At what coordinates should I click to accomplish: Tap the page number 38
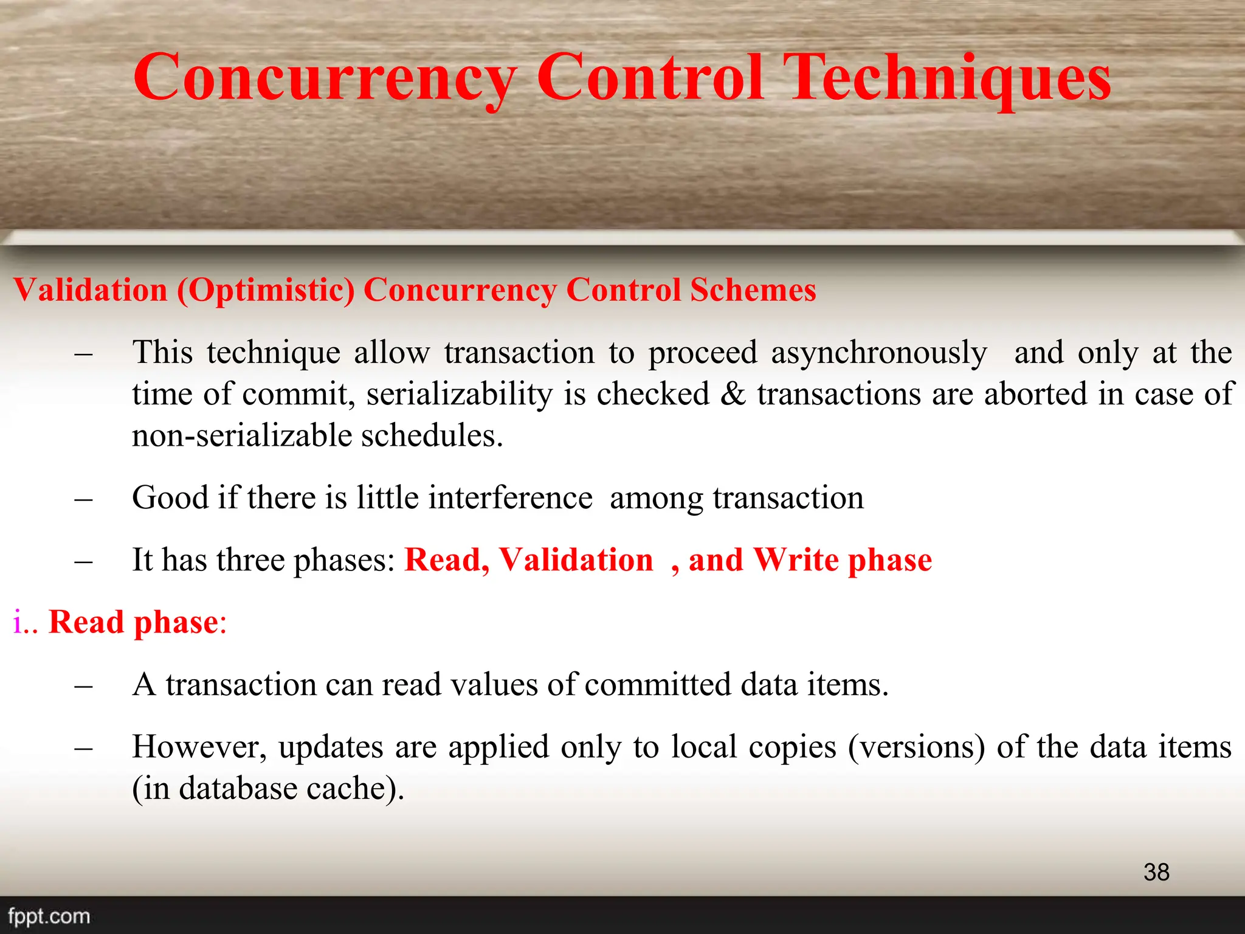click(x=1156, y=872)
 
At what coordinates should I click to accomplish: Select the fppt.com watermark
click(x=49, y=916)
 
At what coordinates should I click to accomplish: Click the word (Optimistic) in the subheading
click(x=266, y=290)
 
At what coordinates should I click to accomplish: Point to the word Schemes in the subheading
click(x=753, y=289)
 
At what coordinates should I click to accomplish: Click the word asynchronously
click(x=879, y=353)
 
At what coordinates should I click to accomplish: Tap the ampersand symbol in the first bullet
click(x=733, y=394)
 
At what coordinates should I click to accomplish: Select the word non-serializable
click(x=243, y=435)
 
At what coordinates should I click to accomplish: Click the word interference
click(x=510, y=498)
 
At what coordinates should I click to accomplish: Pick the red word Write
click(x=796, y=559)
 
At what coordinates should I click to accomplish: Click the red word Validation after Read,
click(x=576, y=559)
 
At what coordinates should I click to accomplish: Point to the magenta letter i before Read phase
click(x=17, y=622)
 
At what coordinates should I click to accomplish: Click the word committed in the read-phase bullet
click(x=658, y=685)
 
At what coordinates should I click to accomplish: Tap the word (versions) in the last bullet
click(x=916, y=747)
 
